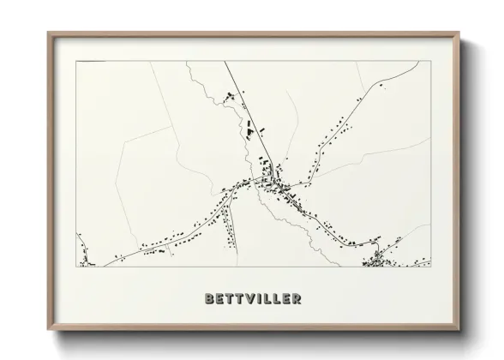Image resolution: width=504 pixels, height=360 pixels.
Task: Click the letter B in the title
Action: pos(210,299)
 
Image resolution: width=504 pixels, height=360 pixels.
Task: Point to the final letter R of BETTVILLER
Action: pos(296,299)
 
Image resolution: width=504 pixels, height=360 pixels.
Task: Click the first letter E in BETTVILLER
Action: pos(219,299)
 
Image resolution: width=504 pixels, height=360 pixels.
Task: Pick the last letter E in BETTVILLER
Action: pos(285,299)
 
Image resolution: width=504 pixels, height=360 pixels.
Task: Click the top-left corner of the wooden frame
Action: pos(48,33)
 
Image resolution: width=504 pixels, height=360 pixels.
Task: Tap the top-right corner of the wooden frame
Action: pos(460,33)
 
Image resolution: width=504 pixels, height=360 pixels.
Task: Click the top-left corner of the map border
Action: pos(78,62)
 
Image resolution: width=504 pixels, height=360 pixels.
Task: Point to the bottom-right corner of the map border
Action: pos(429,267)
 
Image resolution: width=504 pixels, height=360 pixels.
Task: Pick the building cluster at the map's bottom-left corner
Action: pos(84,256)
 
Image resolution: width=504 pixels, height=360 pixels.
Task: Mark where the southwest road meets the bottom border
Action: pos(106,267)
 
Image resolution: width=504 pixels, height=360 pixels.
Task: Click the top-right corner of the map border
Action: pos(429,62)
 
